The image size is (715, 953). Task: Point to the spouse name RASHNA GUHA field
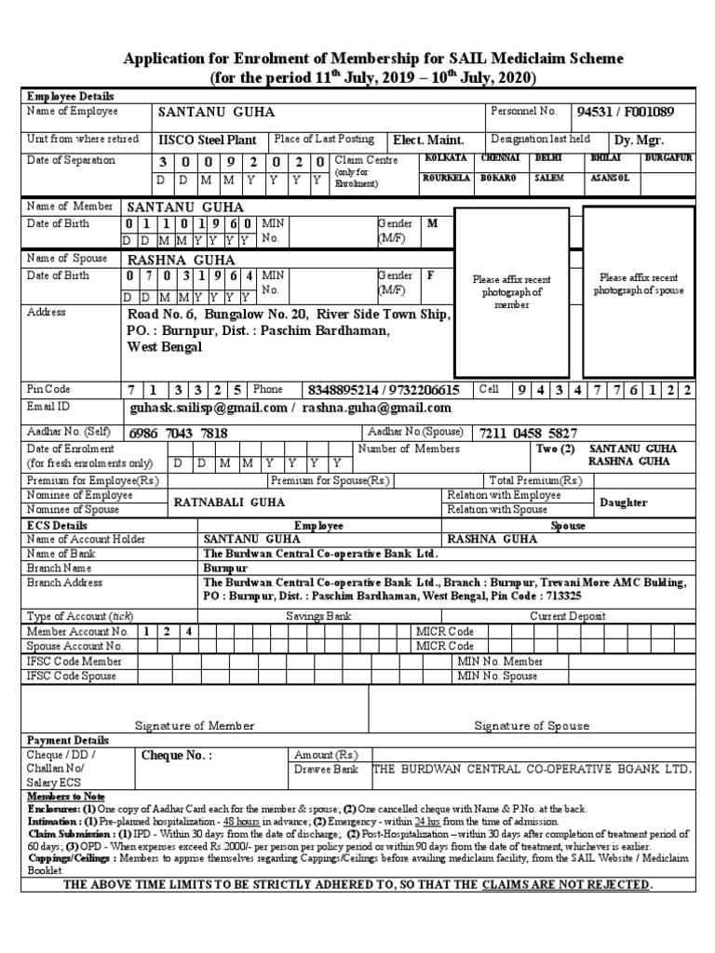(181, 260)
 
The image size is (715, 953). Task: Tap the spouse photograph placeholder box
(639, 283)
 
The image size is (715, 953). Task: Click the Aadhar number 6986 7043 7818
(180, 433)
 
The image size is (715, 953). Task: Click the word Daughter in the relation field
(623, 503)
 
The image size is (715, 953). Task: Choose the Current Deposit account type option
(568, 616)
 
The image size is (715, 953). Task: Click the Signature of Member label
(195, 725)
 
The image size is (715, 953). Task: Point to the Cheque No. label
(176, 756)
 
